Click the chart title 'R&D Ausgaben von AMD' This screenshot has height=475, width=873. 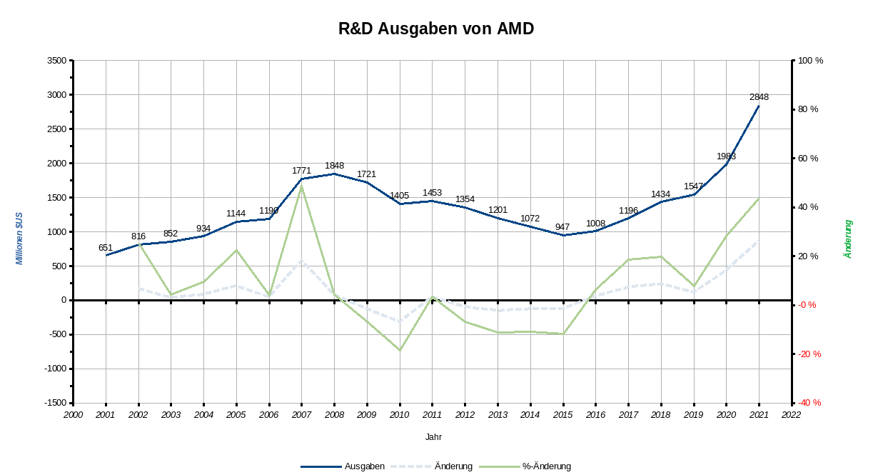436,29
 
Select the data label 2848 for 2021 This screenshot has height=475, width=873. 759,97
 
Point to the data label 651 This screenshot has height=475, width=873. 106,248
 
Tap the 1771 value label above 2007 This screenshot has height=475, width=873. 301,171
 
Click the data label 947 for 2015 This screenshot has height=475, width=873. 562,227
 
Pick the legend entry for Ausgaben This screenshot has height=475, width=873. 343,466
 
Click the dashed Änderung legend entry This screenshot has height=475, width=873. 433,466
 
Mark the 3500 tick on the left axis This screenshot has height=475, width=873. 57,61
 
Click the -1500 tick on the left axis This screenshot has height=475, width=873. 55,403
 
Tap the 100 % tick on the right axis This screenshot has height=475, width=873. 810,61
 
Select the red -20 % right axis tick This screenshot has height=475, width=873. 809,354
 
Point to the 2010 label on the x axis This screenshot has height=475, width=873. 399,414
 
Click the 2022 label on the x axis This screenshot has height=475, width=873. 791,414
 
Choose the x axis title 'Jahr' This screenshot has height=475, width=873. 433,436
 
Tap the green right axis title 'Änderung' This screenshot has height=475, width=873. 848,239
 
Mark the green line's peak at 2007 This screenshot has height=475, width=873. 301,186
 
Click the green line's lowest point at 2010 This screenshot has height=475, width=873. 400,350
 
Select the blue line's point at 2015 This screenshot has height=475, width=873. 563,235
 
